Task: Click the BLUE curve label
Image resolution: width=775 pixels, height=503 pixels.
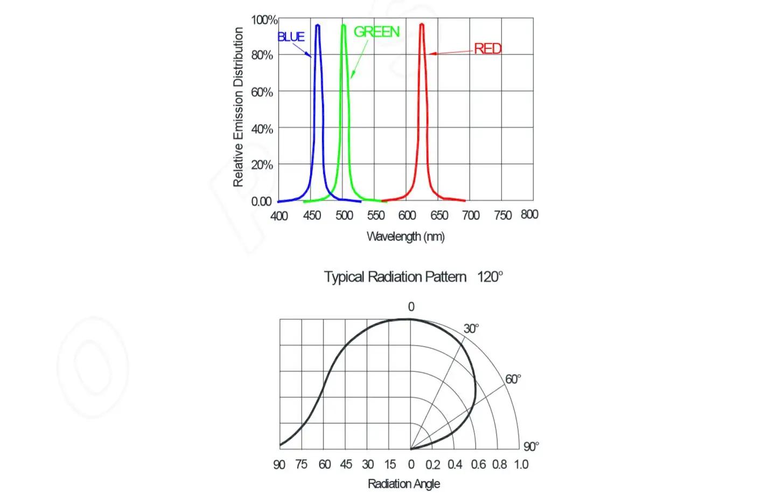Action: [x=291, y=37]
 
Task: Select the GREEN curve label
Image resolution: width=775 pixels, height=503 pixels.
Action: [x=376, y=32]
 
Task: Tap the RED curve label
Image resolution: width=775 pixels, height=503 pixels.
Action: [x=487, y=49]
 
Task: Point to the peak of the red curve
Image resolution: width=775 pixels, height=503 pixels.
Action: [x=422, y=25]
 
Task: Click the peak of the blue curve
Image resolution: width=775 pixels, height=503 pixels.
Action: [x=318, y=25]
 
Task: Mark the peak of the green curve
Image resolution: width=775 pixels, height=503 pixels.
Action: [x=343, y=25]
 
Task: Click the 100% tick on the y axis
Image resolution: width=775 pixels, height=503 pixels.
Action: [x=264, y=20]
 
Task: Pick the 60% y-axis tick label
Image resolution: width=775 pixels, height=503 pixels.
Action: [x=262, y=92]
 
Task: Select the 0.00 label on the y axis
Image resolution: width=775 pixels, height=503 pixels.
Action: [x=261, y=202]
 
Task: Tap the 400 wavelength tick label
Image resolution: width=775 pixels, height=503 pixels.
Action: [x=279, y=216]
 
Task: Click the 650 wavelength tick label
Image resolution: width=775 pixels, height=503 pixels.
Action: [x=439, y=216]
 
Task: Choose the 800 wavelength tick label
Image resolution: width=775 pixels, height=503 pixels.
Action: [x=529, y=215]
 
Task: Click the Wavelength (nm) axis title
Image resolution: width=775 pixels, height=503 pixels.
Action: [x=406, y=237]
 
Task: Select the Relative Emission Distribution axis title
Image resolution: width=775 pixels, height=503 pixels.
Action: [x=238, y=107]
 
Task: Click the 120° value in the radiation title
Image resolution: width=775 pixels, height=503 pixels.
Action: [x=490, y=277]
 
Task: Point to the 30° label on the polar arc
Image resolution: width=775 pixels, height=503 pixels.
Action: [x=471, y=329]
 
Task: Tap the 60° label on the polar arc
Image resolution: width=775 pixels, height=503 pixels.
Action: [x=513, y=380]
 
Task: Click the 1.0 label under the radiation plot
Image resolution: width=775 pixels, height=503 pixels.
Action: [x=521, y=465]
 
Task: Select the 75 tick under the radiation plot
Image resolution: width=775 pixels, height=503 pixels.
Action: [x=301, y=465]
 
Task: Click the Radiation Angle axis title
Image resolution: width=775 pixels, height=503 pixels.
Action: [x=404, y=484]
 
